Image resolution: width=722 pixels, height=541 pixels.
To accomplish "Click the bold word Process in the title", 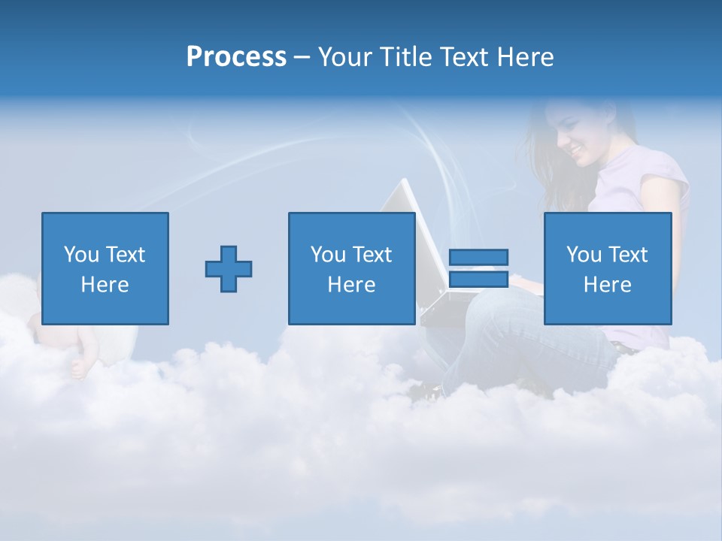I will (x=236, y=57).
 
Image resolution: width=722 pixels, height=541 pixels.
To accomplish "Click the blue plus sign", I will (x=229, y=268).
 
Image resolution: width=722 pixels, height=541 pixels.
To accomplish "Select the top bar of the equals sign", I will (x=478, y=257).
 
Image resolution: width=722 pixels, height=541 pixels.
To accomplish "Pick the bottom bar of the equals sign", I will (x=478, y=279).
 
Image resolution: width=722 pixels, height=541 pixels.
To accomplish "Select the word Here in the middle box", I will (x=351, y=285).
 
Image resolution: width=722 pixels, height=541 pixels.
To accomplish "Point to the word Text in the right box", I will (x=627, y=255).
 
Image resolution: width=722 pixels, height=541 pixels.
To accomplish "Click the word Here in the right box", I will (x=608, y=285).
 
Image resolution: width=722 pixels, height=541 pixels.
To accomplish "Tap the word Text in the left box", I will (x=125, y=255).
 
